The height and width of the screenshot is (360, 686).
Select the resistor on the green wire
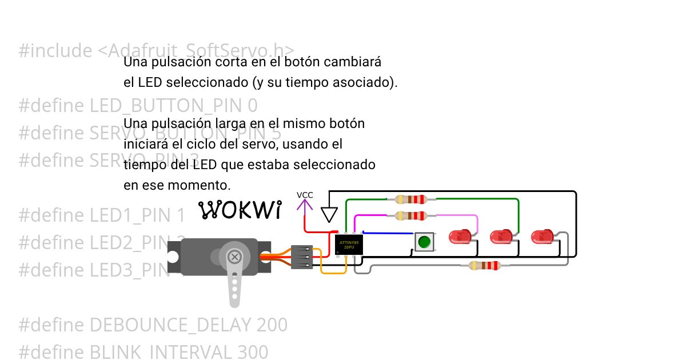coord(411,199)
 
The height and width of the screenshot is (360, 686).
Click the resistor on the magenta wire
coord(411,216)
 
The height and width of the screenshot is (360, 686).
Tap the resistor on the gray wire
coord(484,265)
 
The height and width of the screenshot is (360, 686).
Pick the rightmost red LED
coord(542,236)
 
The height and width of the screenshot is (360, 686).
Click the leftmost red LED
coord(459,236)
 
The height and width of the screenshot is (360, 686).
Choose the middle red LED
coord(501,236)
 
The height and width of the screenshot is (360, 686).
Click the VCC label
coord(305,195)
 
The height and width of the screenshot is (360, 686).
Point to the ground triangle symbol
coord(328,214)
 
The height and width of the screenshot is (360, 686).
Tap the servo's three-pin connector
coord(302,257)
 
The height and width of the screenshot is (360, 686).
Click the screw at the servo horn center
coord(234,258)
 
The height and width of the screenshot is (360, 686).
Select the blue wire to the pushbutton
coord(389,233)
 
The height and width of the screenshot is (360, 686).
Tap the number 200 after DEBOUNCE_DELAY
coord(272,325)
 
